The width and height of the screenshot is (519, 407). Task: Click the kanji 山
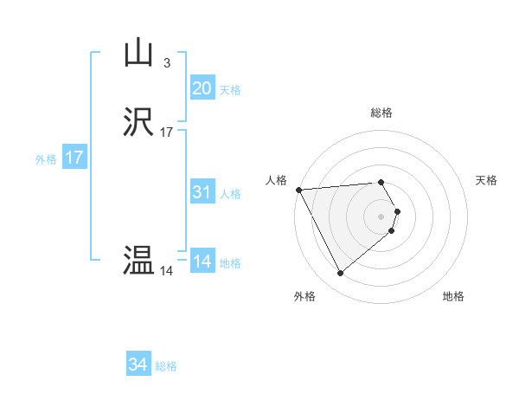138,54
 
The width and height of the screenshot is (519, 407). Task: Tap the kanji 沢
138,124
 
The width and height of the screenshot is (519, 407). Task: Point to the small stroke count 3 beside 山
166,62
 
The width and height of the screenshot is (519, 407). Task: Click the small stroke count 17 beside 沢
166,132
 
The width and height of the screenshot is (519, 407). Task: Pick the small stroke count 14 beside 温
166,271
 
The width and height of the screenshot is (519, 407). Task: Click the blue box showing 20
202,88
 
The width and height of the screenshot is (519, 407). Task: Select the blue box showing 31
202,193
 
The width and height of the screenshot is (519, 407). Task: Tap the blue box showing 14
202,262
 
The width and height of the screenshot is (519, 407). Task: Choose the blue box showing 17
74,158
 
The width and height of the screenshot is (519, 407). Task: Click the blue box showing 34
138,365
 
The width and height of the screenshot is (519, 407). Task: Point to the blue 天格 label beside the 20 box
230,90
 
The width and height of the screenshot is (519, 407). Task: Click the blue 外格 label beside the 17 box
46,159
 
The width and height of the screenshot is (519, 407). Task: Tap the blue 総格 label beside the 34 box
166,366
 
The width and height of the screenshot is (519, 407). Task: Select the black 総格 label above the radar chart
381,113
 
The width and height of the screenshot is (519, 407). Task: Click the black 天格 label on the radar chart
487,180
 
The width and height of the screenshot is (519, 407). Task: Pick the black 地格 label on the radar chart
453,296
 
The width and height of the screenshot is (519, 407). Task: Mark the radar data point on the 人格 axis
298,190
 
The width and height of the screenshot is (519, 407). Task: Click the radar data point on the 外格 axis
340,274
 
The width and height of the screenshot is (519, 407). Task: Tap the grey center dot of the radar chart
381,216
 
